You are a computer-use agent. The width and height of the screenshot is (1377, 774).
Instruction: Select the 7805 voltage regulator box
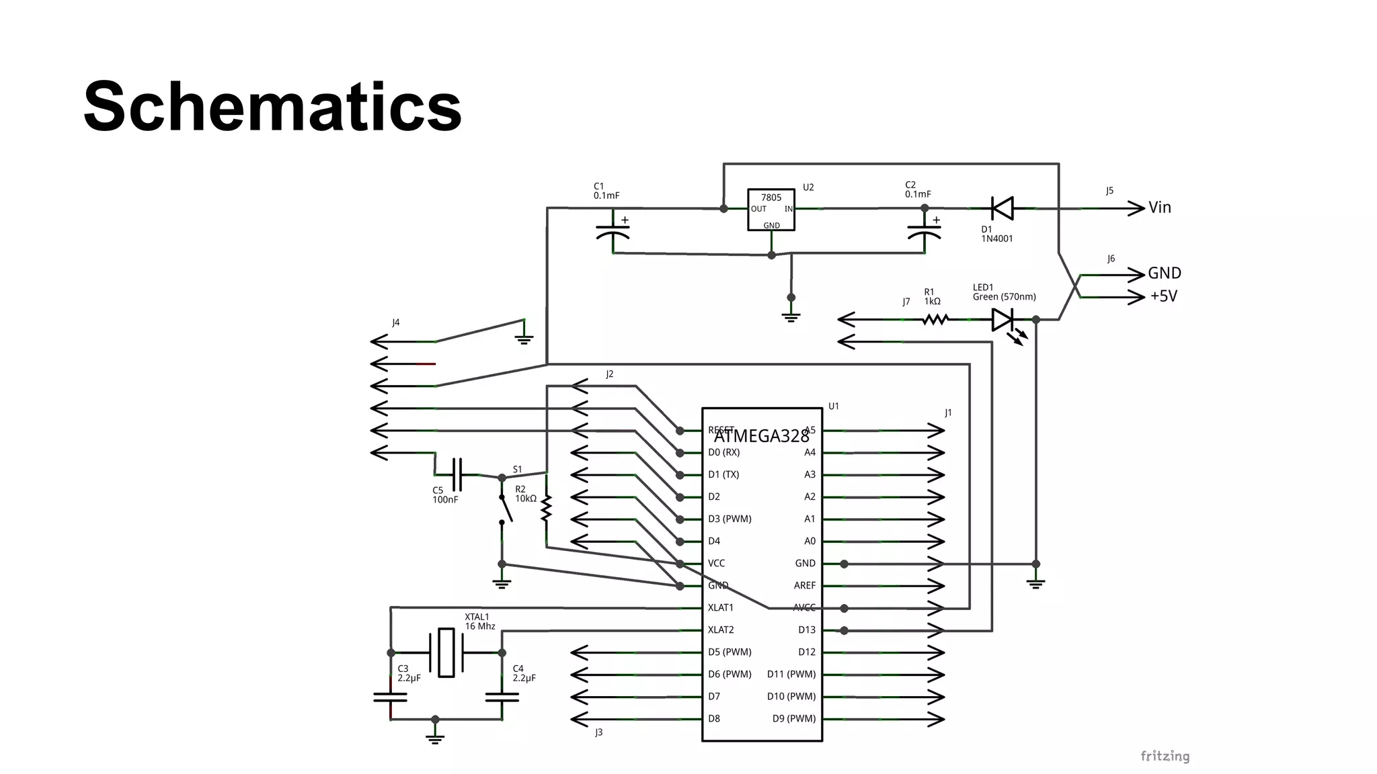[x=771, y=210]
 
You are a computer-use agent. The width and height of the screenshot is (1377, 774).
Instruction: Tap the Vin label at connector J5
[x=1160, y=208]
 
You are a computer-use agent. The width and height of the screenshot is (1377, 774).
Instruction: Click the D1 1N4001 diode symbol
[x=1002, y=208]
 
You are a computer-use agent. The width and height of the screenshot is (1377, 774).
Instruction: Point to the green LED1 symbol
[x=1003, y=320]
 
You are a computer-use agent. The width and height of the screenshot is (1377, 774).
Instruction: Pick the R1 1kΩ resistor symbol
[x=935, y=320]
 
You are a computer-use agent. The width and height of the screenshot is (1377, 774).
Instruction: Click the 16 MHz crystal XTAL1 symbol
[x=446, y=652]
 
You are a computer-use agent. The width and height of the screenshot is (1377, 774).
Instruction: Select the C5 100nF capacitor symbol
[x=457, y=474]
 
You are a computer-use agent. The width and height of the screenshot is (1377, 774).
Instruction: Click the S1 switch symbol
[x=504, y=509]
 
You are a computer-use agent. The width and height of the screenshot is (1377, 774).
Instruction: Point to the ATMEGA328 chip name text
[x=761, y=437]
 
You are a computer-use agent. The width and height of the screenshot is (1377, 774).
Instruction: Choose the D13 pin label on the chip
[x=807, y=630]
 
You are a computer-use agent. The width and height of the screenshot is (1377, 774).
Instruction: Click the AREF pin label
[x=804, y=586]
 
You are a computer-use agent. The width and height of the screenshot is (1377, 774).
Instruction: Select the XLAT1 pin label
[x=721, y=608]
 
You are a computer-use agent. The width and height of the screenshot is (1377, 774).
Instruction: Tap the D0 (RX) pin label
[x=723, y=453]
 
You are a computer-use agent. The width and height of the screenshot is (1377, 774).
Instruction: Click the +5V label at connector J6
[x=1164, y=296]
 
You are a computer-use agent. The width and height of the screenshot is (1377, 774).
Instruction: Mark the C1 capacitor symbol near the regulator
[x=613, y=232]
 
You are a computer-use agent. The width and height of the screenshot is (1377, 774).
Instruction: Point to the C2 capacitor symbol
[x=924, y=232]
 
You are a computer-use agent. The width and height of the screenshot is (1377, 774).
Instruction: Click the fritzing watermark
[x=1165, y=757]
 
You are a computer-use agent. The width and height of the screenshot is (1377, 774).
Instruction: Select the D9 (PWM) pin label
[x=794, y=719]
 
